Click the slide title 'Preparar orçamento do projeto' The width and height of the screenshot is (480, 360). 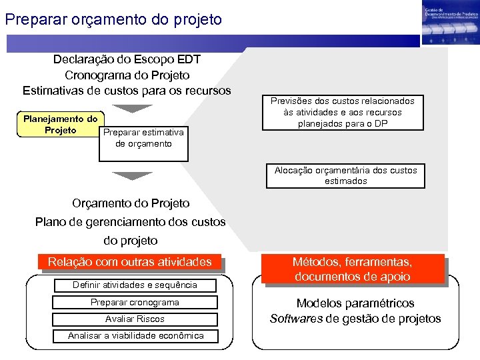[x=113, y=19]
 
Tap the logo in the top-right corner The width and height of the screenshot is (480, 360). [x=450, y=23]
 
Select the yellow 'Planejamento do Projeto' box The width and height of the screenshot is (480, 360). [x=60, y=125]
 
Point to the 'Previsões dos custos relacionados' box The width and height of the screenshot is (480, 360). [x=342, y=112]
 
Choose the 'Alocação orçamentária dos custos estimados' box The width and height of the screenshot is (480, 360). [x=345, y=175]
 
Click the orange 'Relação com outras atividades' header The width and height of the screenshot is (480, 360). [x=129, y=262]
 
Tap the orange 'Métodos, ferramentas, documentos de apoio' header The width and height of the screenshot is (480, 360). [x=353, y=269]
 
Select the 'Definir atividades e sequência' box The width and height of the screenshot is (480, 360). [x=135, y=285]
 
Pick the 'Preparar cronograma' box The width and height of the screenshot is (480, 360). [x=135, y=302]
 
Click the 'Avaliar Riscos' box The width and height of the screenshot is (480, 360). [x=135, y=319]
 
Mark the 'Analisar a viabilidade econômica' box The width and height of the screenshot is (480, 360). [x=135, y=335]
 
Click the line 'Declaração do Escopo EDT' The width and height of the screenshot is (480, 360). [x=127, y=59]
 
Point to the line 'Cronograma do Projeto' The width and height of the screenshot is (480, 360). [x=127, y=75]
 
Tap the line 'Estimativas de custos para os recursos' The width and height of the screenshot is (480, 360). [x=127, y=90]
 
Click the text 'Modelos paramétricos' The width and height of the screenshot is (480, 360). [x=355, y=303]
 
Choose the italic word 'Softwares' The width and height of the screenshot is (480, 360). [x=296, y=319]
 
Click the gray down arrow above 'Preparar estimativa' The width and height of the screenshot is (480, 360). [x=132, y=107]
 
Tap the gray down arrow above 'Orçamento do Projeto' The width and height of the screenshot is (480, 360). [x=132, y=176]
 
